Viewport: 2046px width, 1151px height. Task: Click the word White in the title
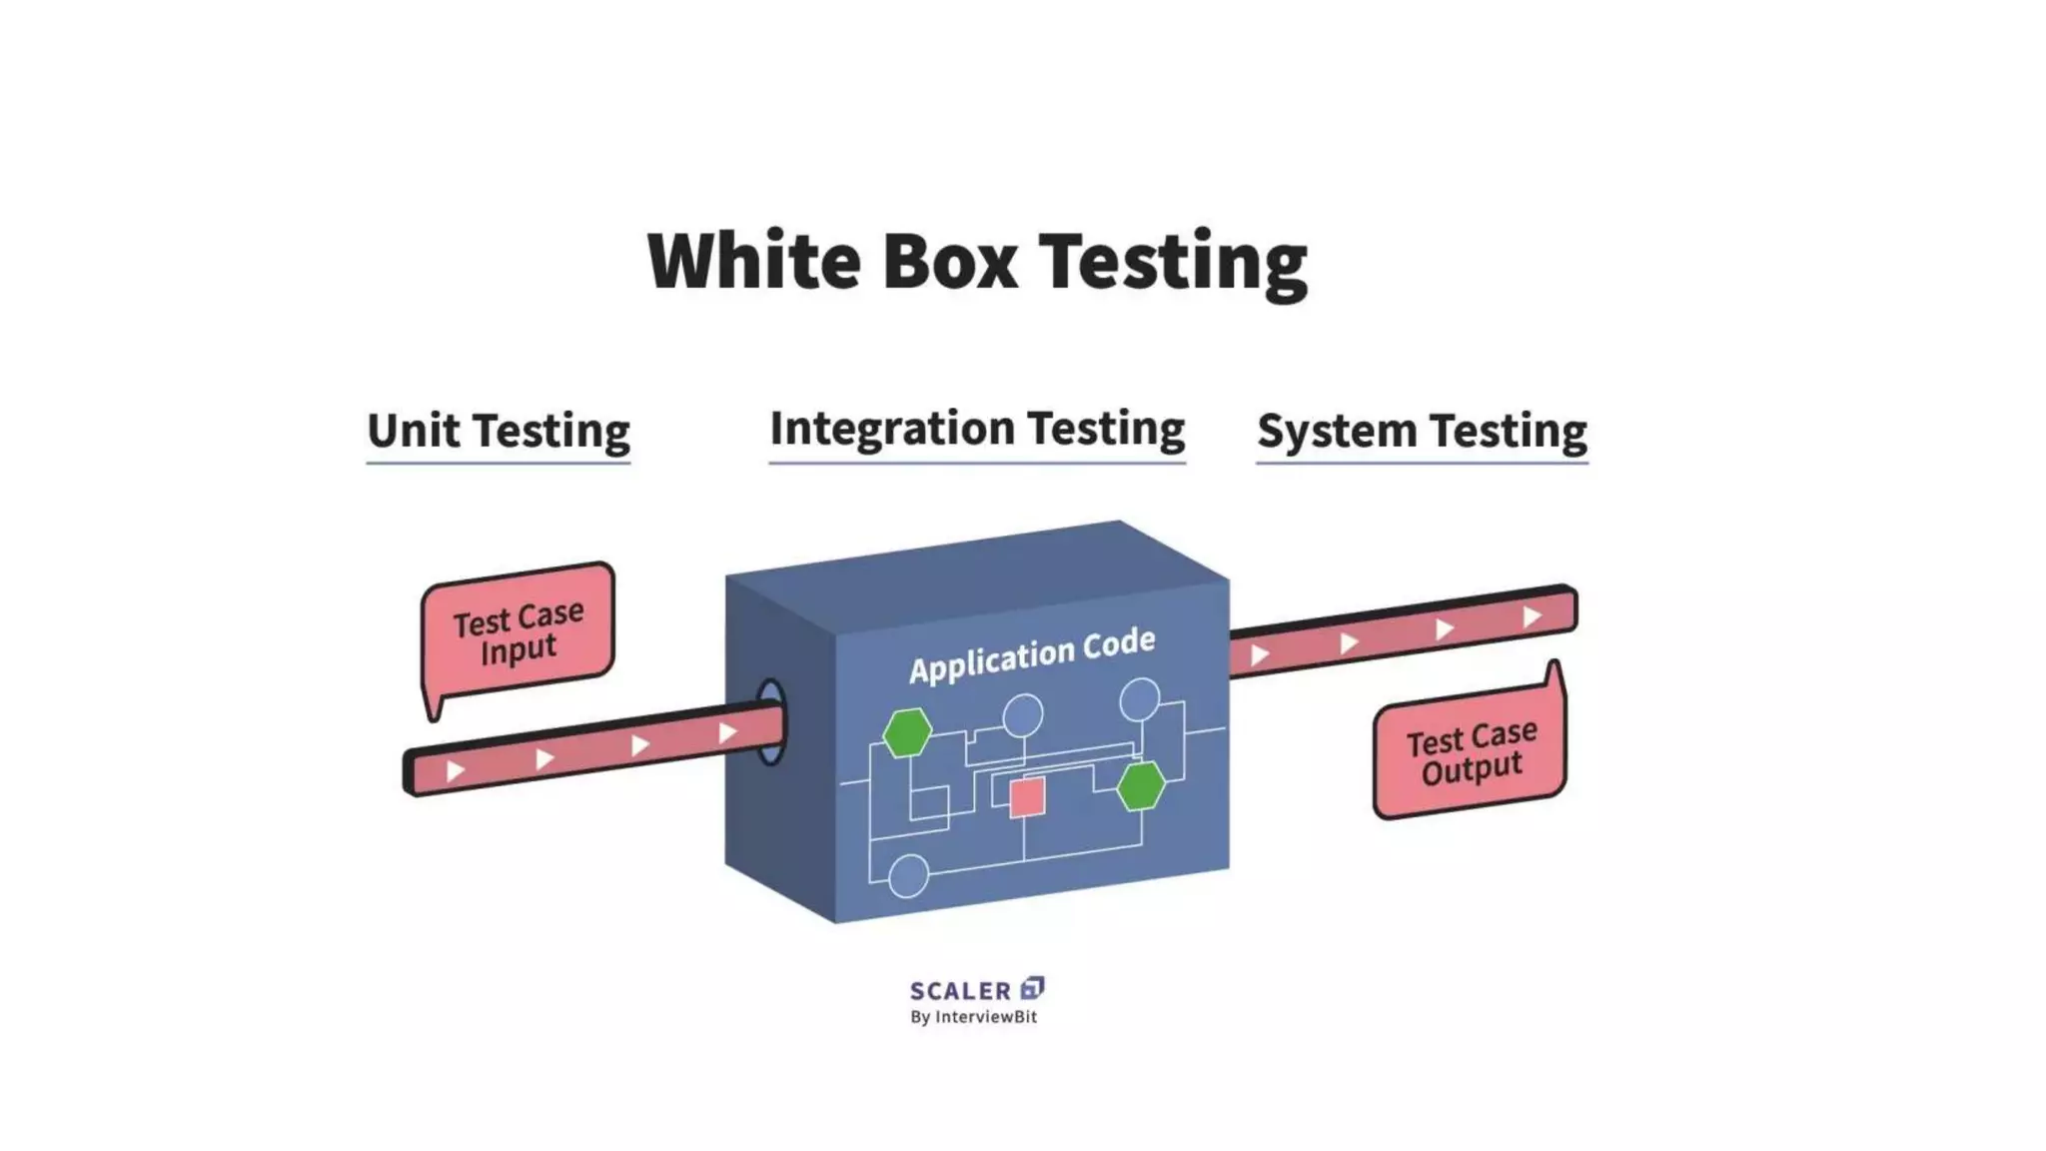click(754, 260)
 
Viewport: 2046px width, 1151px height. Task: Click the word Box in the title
click(949, 260)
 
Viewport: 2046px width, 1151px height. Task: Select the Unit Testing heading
click(498, 431)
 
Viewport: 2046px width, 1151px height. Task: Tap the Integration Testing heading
click(977, 428)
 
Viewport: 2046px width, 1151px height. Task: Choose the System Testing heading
click(1422, 431)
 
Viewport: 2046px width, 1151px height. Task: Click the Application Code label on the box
click(1032, 655)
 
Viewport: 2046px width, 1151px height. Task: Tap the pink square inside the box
click(1027, 797)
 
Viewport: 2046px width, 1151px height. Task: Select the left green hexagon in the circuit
click(907, 732)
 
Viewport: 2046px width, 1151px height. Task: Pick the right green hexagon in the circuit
click(1140, 785)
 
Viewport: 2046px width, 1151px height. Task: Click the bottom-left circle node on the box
click(908, 876)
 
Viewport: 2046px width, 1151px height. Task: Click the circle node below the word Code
click(1139, 699)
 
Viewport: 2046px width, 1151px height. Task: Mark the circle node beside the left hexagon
click(1023, 715)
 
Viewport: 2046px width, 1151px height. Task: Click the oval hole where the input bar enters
click(770, 722)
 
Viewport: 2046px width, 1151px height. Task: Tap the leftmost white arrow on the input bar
click(456, 770)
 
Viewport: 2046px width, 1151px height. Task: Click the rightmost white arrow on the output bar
click(1532, 616)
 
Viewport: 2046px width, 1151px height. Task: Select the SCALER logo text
click(960, 991)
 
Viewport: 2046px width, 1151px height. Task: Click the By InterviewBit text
click(973, 1017)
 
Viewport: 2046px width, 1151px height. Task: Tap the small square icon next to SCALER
click(1032, 988)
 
